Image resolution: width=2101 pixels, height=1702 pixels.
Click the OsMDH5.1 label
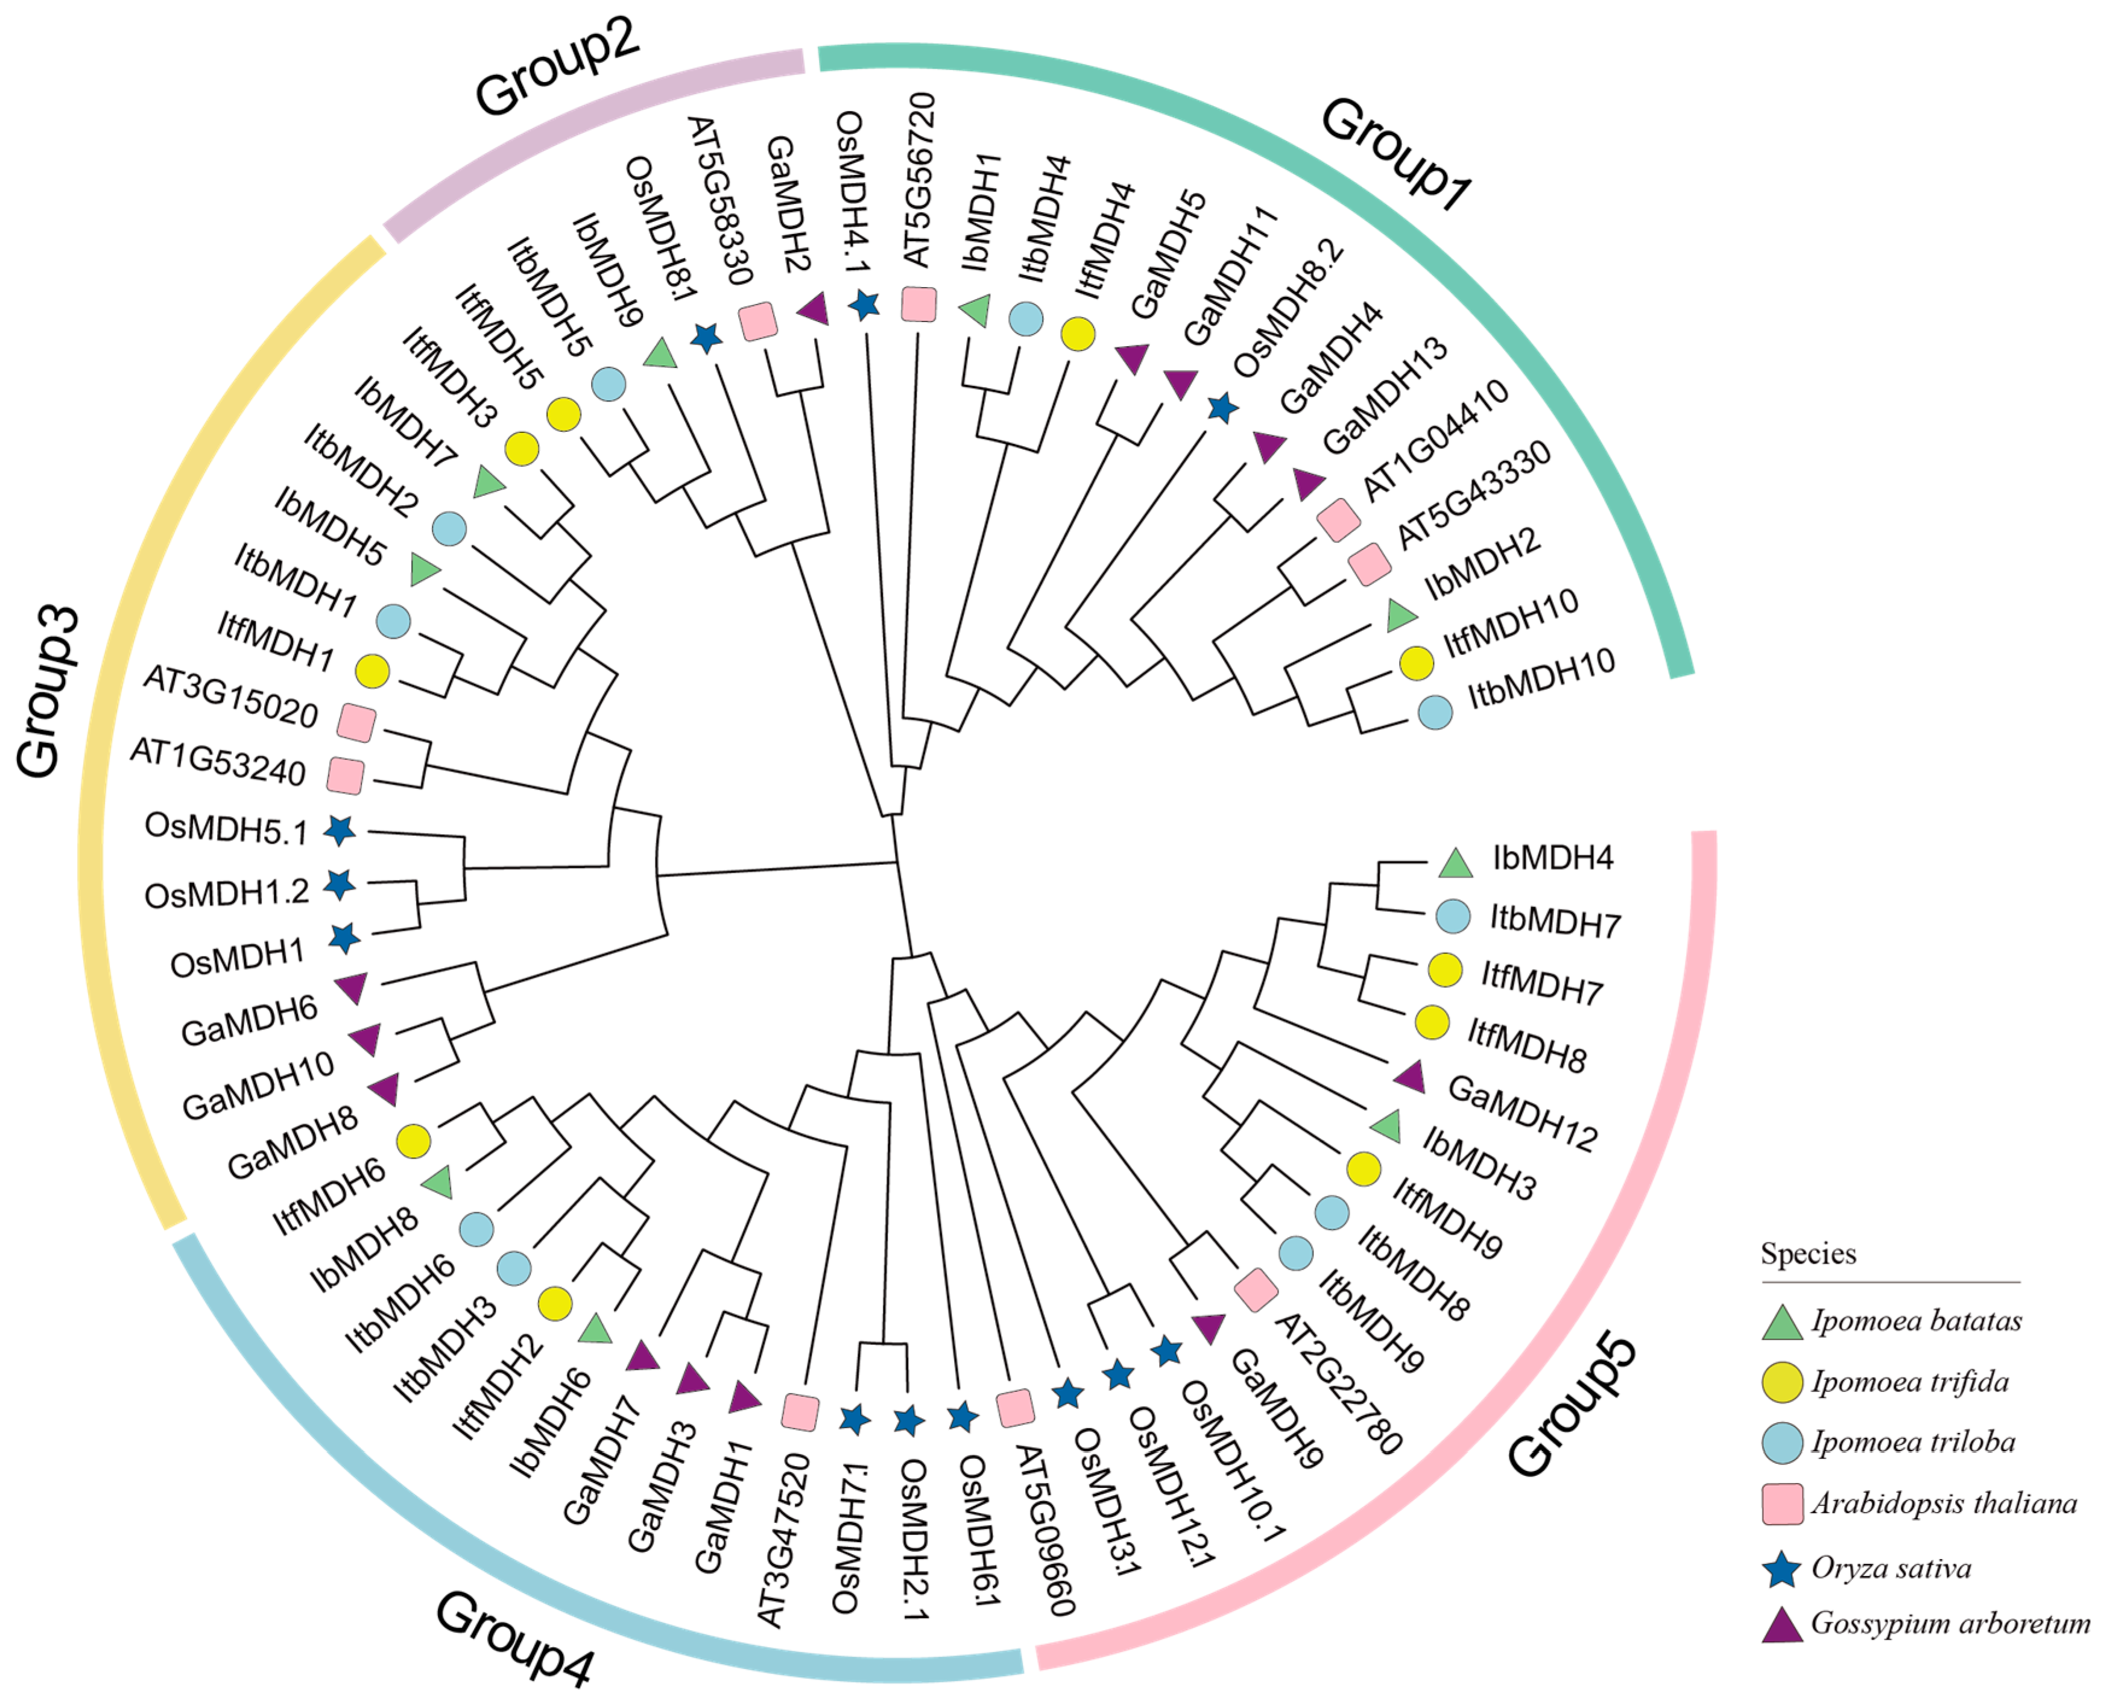coord(226,829)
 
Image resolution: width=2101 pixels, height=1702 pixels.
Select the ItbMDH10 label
coord(1540,680)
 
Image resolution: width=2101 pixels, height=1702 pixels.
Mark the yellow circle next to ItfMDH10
coord(1416,663)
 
